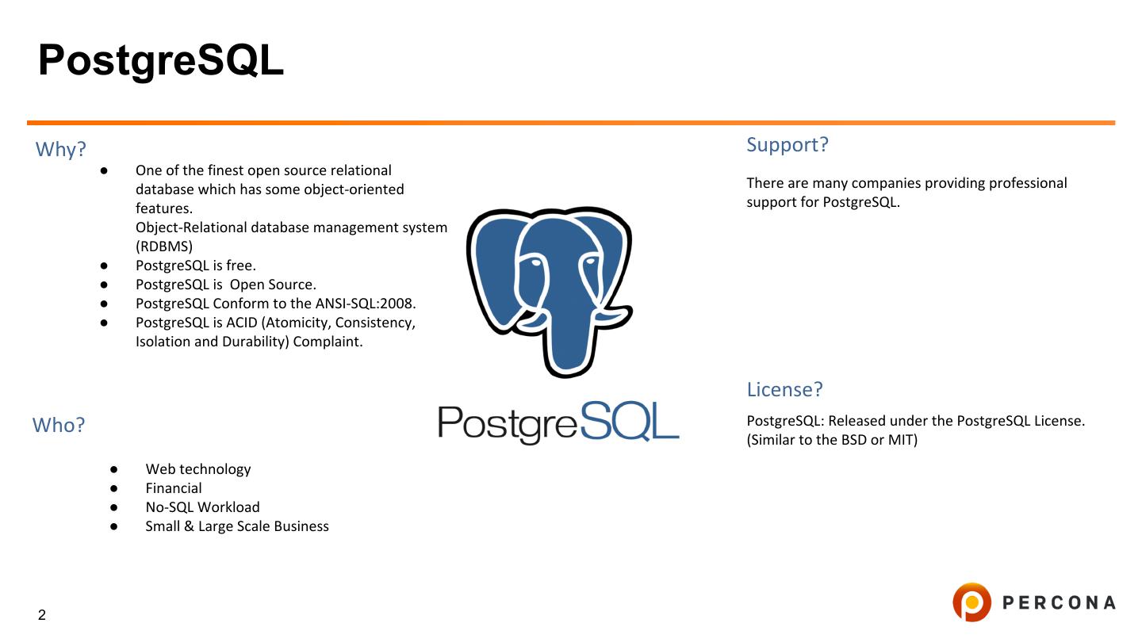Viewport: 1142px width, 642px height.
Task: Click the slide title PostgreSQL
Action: (161, 60)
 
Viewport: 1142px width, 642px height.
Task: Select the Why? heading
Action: (61, 149)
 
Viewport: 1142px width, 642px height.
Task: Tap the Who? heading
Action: (59, 426)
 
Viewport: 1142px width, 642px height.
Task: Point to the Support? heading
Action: (787, 145)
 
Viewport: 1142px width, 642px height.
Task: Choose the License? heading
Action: (784, 390)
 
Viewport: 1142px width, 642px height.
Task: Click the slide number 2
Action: (42, 615)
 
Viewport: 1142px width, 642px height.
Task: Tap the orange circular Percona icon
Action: (971, 602)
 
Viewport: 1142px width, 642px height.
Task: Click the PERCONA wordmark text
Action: (1059, 603)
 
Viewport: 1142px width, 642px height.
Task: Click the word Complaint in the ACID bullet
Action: (328, 342)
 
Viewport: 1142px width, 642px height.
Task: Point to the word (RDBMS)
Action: (164, 246)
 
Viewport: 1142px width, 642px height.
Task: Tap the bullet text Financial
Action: (174, 488)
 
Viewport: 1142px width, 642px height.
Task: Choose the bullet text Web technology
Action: (198, 469)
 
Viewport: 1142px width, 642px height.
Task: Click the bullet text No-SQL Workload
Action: (202, 507)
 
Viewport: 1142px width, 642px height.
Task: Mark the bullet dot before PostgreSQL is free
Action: (104, 266)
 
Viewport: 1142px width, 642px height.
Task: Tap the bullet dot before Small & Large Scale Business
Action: (114, 526)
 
